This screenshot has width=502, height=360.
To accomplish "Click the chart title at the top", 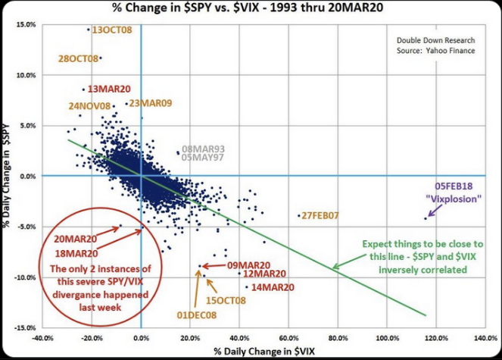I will click(251, 9).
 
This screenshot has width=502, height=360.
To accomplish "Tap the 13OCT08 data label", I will click(111, 30).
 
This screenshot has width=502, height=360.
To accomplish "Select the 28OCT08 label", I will click(78, 58).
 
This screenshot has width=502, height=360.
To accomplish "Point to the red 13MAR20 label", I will click(108, 89).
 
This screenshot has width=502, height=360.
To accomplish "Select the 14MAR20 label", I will click(274, 288).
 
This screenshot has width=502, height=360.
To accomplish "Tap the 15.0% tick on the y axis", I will click(25, 25).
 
